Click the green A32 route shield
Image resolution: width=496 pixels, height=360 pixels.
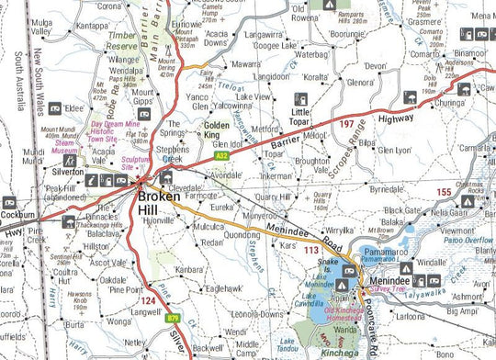(221, 157)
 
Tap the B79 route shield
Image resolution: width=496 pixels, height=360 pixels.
(173, 319)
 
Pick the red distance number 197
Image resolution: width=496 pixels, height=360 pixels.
(345, 122)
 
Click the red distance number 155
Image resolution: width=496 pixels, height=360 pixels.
(444, 192)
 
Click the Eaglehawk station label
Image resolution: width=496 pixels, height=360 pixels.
(225, 287)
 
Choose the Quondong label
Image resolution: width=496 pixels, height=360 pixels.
(242, 234)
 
